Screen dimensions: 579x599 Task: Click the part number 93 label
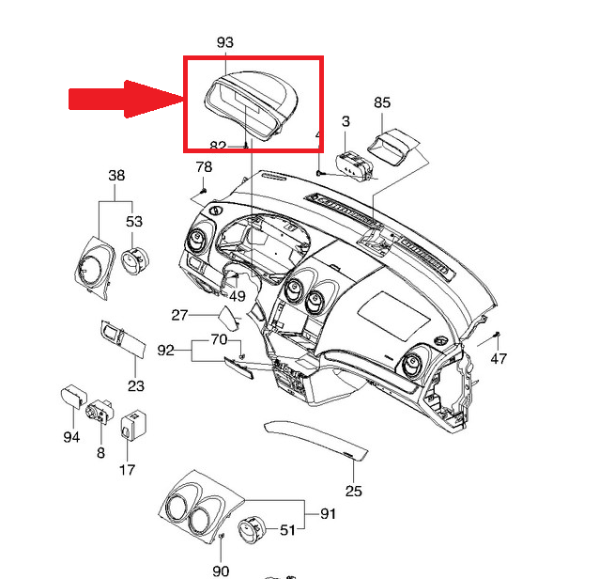pyautogui.click(x=225, y=42)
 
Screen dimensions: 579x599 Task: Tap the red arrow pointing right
pyautogui.click(x=126, y=99)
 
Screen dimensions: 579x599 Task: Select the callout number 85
pyautogui.click(x=382, y=102)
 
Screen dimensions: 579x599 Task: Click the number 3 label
pyautogui.click(x=346, y=122)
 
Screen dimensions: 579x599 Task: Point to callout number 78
pyautogui.click(x=204, y=167)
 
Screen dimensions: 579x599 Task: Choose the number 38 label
pyautogui.click(x=116, y=176)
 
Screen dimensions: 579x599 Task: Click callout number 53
pyautogui.click(x=134, y=222)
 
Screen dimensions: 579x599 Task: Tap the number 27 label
pyautogui.click(x=180, y=315)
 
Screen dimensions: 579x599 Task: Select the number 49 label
pyautogui.click(x=237, y=296)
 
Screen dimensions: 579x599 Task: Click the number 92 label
pyautogui.click(x=166, y=351)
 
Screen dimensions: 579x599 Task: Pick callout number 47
pyautogui.click(x=499, y=358)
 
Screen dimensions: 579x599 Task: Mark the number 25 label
pyautogui.click(x=353, y=490)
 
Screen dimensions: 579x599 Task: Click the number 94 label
pyautogui.click(x=71, y=437)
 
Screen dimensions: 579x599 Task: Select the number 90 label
pyautogui.click(x=221, y=571)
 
